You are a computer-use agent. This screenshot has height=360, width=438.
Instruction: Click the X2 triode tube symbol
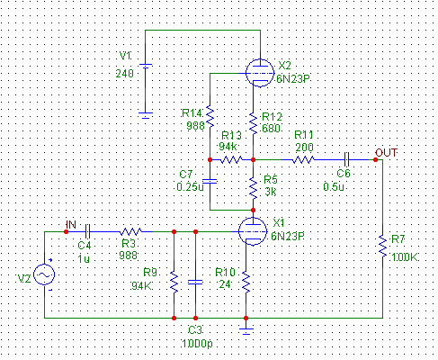pos(260,73)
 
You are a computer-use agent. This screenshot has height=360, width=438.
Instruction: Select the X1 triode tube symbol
pos(253,231)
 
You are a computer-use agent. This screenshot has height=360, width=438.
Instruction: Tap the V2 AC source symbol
pos(44,274)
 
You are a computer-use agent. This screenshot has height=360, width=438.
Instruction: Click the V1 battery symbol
pos(146,67)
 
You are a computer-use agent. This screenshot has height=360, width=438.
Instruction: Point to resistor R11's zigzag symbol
pos(303,159)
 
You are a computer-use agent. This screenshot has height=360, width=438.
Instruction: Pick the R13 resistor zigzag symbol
pos(231,159)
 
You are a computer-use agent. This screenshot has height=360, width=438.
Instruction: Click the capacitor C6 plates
pos(346,159)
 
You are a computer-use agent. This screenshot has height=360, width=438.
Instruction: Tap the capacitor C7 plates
pos(210,181)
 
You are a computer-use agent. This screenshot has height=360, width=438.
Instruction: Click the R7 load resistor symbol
pos(382,246)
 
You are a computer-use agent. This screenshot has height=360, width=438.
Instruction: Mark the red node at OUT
pos(375,159)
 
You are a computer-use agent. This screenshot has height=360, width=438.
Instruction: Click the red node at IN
pos(66,231)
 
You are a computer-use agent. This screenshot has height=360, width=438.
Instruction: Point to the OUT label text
pos(386,153)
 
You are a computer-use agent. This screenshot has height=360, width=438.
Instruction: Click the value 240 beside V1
pos(125,74)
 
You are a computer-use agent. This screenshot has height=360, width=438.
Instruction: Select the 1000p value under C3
pos(197,344)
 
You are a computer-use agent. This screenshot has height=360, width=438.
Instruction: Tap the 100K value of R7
pos(405,257)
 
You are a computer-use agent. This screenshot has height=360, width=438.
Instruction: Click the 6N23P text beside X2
pos(293,79)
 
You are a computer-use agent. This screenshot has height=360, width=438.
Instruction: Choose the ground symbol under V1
pos(146,115)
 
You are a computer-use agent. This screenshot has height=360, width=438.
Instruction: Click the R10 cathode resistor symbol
pos(246,282)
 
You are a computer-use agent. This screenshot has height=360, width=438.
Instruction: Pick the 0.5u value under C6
pos(334,187)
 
